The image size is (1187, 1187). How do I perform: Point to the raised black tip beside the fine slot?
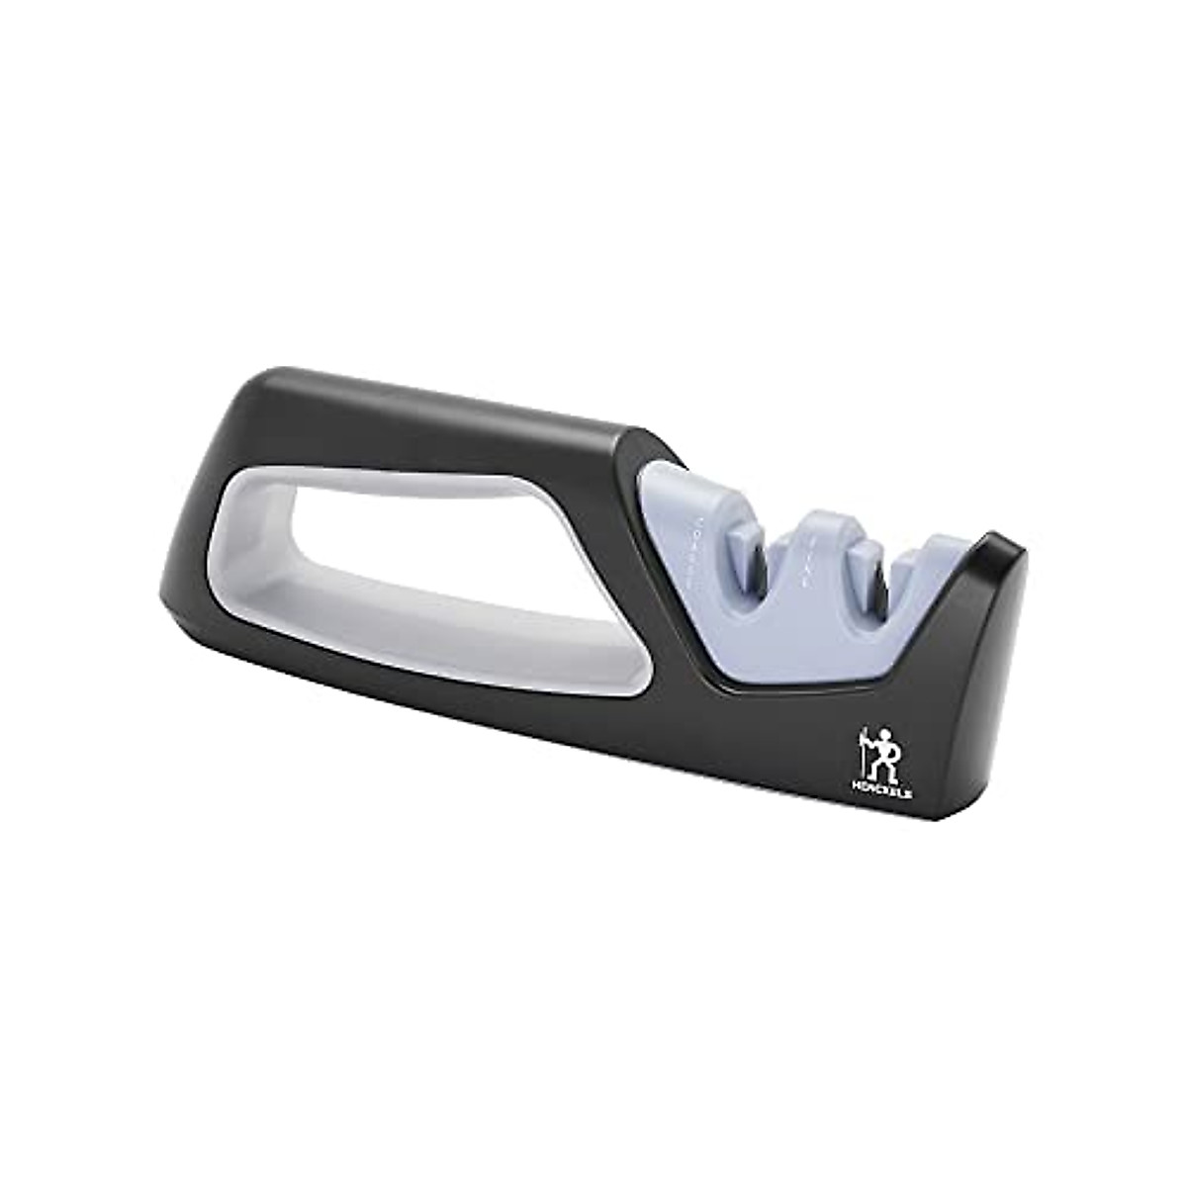point(999,554)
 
